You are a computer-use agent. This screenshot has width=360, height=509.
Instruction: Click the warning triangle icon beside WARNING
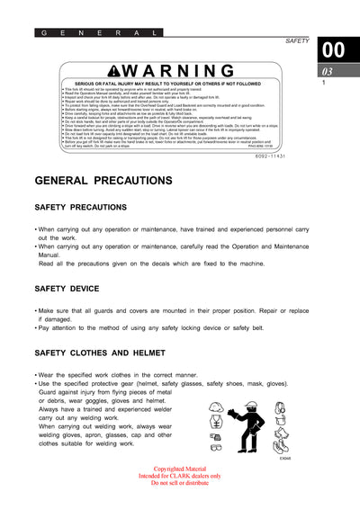tap(115, 70)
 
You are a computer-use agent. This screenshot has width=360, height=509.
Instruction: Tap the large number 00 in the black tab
tap(333, 50)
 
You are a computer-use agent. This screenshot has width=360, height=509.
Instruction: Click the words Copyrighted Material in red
tap(179, 469)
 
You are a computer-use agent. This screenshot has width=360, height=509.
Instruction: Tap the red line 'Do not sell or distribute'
tap(179, 483)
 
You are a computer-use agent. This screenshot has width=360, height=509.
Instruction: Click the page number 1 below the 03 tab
tap(323, 83)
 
